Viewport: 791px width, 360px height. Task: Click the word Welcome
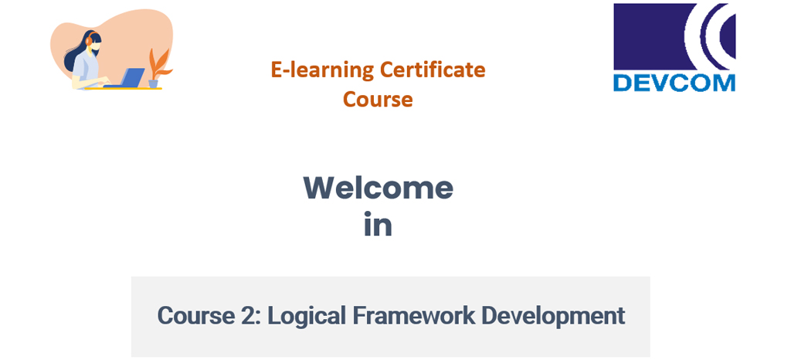(379, 188)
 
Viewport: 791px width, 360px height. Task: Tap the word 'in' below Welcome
(378, 226)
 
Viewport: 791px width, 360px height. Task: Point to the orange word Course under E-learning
(378, 99)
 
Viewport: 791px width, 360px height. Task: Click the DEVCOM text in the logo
(674, 82)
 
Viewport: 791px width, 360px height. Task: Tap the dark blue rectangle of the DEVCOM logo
(649, 36)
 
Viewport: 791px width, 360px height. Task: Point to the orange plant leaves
(158, 64)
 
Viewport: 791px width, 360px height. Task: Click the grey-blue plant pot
(154, 83)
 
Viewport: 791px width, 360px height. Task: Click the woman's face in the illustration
(97, 46)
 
